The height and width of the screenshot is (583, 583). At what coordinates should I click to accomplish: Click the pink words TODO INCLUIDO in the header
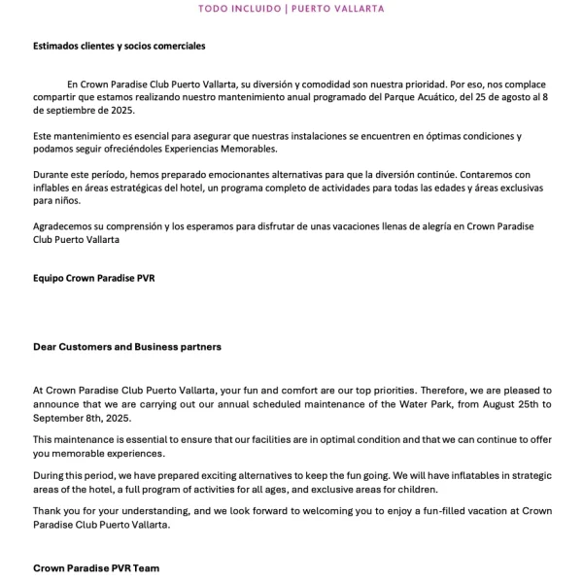pos(235,9)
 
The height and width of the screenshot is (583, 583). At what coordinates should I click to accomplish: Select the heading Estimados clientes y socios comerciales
pos(119,46)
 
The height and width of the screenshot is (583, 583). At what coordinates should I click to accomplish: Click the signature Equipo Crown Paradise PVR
pos(94,278)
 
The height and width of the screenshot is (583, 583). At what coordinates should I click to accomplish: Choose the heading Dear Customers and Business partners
pos(126,346)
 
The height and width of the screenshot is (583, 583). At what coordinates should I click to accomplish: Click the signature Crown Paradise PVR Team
pos(96,567)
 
